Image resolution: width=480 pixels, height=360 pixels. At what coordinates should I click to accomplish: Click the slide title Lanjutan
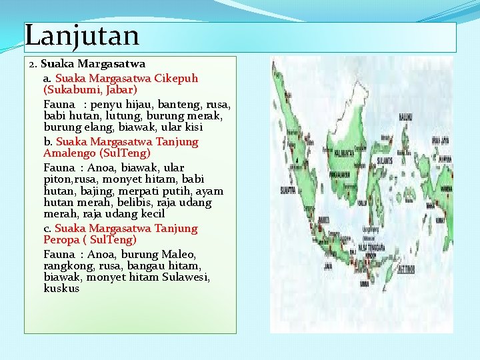(x=82, y=35)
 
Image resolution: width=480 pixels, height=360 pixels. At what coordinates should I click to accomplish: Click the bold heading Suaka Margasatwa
(x=93, y=65)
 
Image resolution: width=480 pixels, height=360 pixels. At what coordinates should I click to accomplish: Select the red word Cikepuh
(x=176, y=78)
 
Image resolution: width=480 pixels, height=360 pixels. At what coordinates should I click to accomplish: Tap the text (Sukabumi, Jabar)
(x=90, y=89)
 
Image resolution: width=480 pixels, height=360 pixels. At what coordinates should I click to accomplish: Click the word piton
(x=57, y=179)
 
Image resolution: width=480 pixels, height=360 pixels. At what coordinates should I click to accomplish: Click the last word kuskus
(x=61, y=289)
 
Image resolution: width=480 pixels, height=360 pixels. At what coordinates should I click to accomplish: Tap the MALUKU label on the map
(x=405, y=117)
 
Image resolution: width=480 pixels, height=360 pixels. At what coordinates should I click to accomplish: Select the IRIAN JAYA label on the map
(x=440, y=140)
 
